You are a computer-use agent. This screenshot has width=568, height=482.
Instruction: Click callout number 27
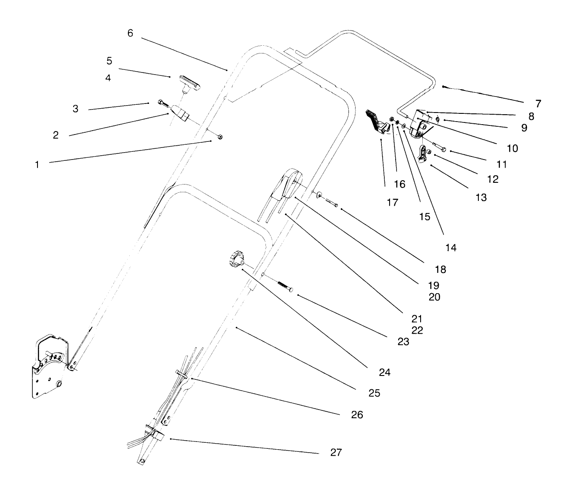[336, 452]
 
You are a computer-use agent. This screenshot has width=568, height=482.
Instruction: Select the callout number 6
[130, 33]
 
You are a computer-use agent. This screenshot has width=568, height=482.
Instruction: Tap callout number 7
[538, 103]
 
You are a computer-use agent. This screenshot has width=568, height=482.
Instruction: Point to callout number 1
[37, 164]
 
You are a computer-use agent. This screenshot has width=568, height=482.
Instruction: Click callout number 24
[384, 372]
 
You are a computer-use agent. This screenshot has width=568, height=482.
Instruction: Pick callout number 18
[440, 269]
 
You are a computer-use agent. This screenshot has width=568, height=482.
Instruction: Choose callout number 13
[481, 197]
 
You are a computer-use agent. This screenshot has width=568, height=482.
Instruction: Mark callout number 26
[357, 415]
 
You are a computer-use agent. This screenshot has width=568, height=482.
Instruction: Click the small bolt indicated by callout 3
[162, 103]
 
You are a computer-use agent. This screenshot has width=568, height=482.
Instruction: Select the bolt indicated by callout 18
[331, 203]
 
